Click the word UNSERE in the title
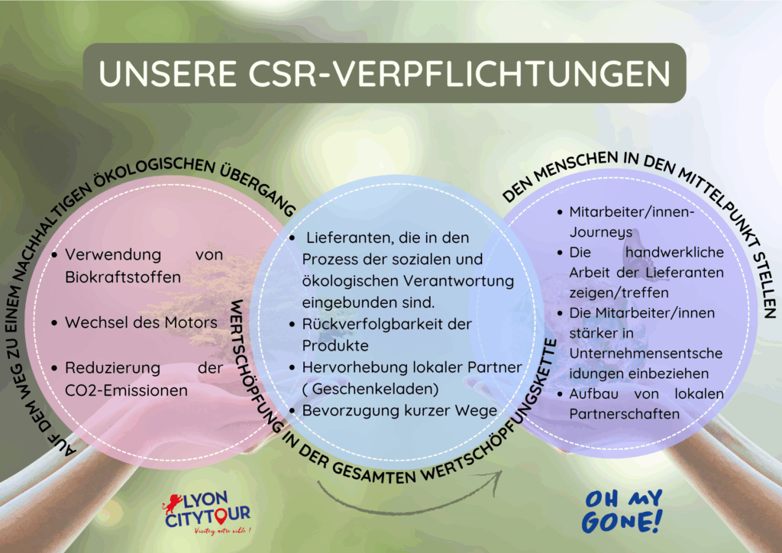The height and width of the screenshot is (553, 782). click(x=167, y=73)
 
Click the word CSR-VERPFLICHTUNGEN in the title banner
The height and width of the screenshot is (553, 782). click(x=459, y=73)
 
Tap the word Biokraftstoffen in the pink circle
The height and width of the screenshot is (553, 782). click(x=123, y=277)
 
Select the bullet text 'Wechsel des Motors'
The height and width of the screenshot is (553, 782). click(x=141, y=322)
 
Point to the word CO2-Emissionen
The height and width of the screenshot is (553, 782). click(x=126, y=390)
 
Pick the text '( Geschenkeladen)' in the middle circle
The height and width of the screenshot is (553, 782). click(x=370, y=389)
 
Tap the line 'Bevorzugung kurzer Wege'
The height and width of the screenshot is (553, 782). click(x=399, y=410)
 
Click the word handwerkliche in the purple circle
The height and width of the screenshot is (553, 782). click(x=674, y=252)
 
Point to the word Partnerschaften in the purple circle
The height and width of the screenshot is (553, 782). click(x=625, y=414)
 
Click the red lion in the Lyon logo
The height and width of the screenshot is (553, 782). click(x=173, y=503)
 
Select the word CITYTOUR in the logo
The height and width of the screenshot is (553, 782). click(x=208, y=517)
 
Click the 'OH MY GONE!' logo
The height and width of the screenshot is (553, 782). click(x=622, y=511)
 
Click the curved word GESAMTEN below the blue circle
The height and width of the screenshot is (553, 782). click(x=373, y=474)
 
